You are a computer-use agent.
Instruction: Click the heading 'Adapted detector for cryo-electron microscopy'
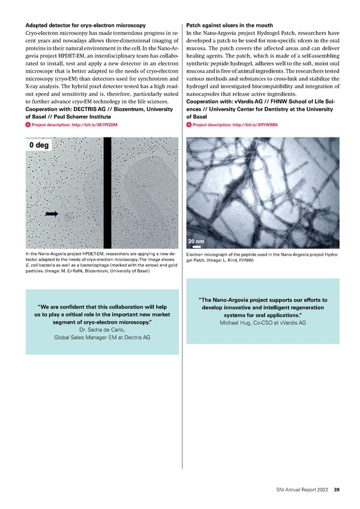85,25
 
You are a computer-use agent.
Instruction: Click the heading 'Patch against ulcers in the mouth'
230,25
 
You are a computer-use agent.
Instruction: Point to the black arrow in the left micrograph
52,213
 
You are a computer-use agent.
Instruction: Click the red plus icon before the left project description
28,125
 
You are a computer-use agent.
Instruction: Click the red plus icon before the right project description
190,125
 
